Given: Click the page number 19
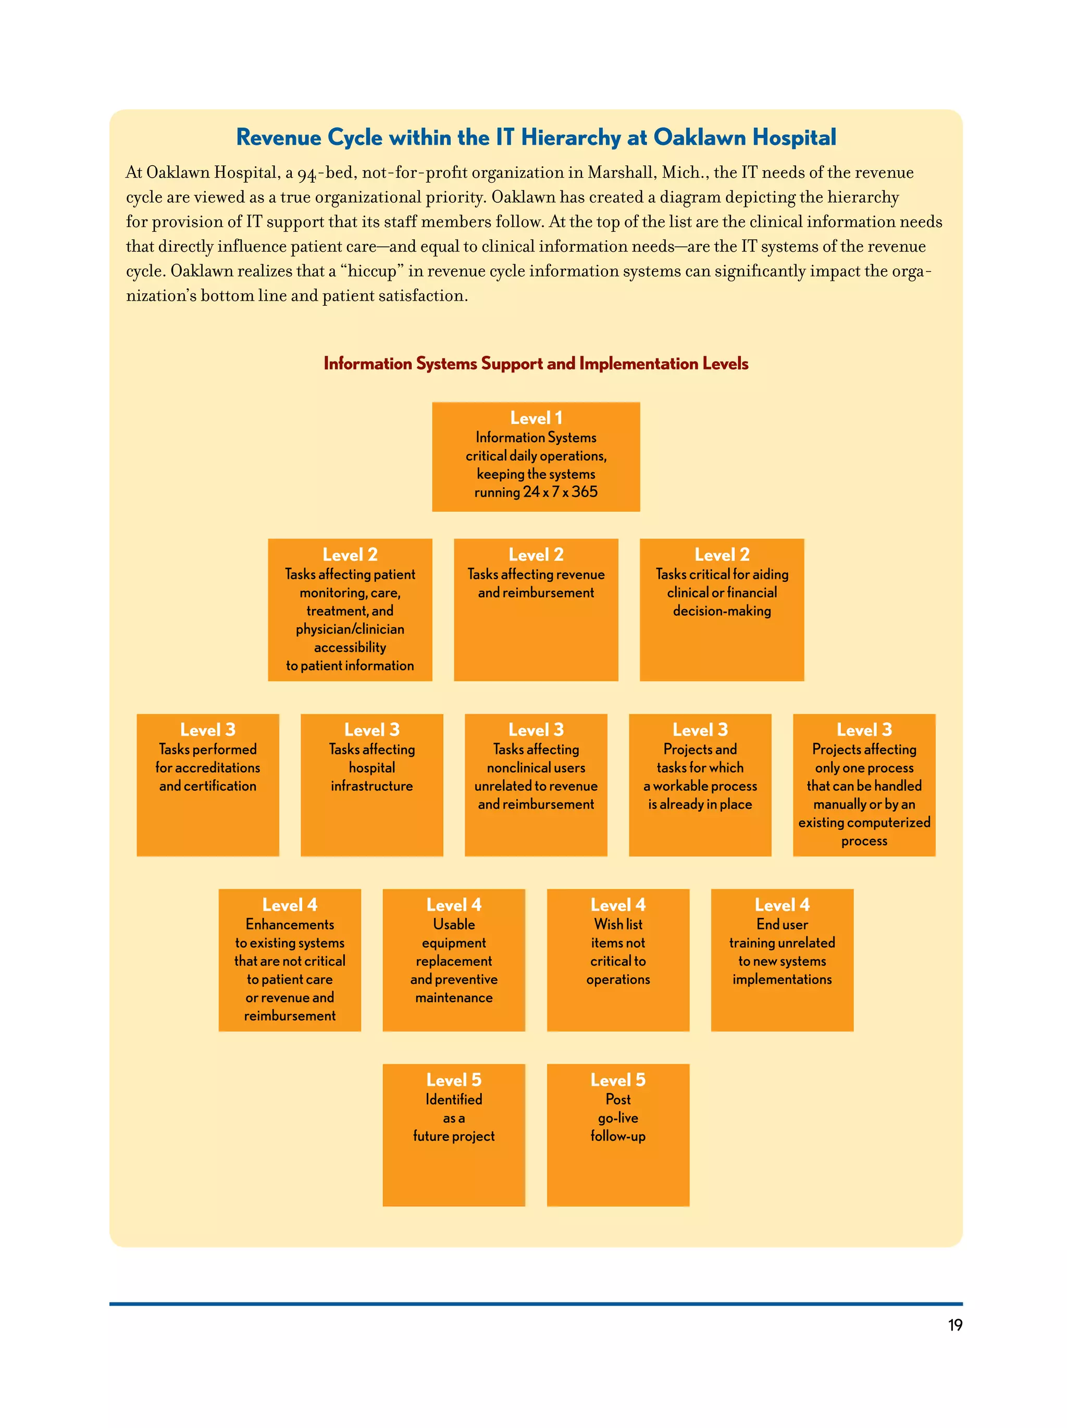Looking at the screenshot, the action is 954,1325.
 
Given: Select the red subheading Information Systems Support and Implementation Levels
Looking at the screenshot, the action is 536,364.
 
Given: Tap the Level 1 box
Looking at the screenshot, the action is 536,456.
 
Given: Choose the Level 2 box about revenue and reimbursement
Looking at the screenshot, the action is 536,610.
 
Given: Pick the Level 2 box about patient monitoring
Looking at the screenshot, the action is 350,610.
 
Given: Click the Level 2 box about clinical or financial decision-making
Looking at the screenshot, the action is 722,610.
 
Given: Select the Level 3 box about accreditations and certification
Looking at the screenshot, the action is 208,785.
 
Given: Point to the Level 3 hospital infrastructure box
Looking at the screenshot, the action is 372,785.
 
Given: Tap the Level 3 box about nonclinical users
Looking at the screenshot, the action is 536,785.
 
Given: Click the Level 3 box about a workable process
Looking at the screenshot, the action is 700,785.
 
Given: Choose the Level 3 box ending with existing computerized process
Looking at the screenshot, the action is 864,785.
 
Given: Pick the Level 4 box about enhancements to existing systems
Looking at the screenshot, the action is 290,960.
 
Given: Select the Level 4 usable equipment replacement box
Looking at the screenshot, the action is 454,960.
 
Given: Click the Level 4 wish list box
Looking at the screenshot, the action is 618,960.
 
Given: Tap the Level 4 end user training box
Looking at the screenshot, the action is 781,960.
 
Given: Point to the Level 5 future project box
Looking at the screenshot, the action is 454,1135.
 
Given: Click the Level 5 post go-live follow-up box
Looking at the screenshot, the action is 618,1135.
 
